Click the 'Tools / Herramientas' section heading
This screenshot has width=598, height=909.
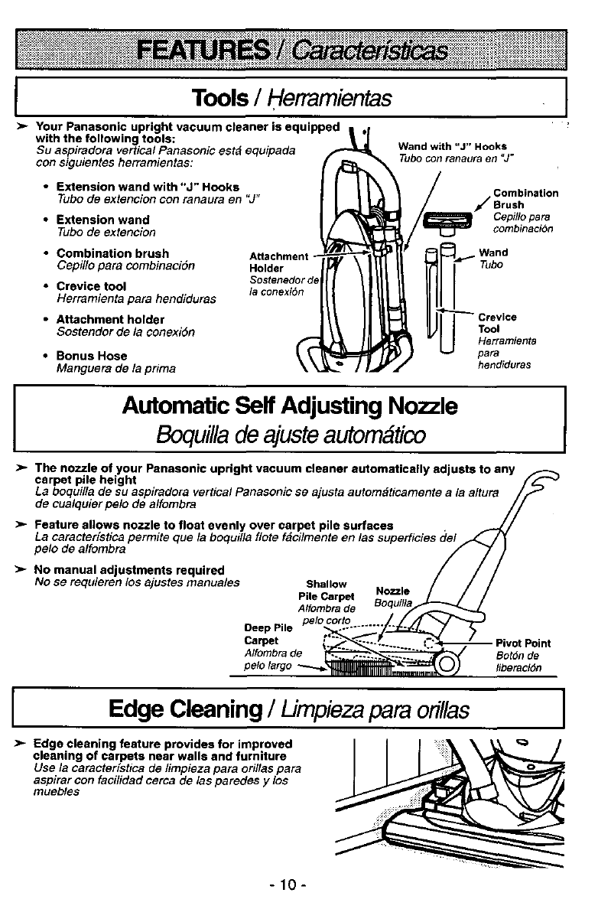293,98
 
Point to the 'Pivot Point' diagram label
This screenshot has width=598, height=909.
523,643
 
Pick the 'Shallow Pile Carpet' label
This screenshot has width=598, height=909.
327,591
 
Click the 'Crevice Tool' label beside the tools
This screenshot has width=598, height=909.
498,322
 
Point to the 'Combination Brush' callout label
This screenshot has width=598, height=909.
525,199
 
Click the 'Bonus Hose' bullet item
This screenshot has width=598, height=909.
92,356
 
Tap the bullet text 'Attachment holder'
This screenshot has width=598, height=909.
110,319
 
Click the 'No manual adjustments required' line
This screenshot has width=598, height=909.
129,570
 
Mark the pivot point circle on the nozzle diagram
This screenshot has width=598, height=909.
446,663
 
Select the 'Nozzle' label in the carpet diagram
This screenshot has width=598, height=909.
393,591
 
